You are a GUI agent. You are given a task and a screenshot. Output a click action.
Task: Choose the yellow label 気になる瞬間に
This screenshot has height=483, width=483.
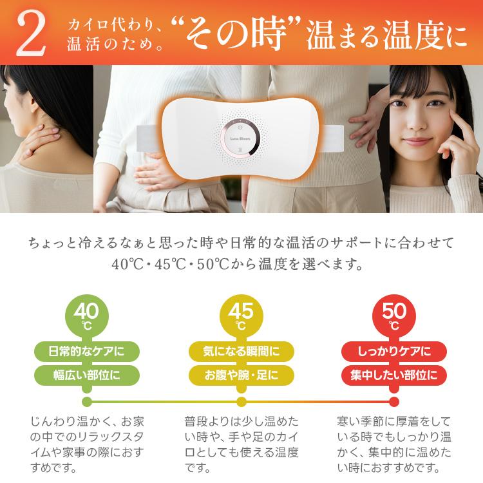click(x=241, y=351)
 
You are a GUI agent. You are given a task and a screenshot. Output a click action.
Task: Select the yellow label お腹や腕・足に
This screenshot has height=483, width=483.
click(x=241, y=375)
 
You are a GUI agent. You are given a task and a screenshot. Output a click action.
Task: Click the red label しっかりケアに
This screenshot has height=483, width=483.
click(x=394, y=351)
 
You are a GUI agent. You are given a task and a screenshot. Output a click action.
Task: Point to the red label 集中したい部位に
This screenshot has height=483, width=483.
click(x=394, y=375)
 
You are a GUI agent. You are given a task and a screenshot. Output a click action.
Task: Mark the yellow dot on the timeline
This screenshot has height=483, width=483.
click(x=241, y=402)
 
